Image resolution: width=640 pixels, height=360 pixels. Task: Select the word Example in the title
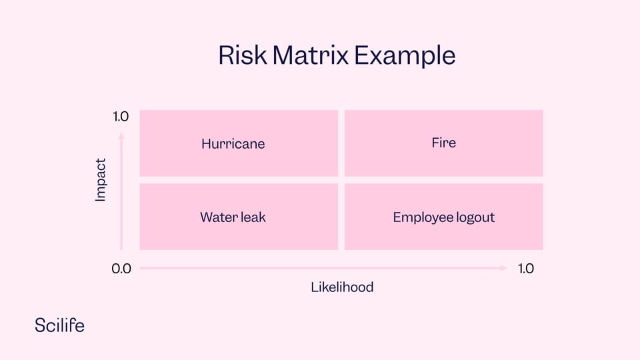[405, 56]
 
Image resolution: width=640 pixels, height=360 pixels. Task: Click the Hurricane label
[233, 144]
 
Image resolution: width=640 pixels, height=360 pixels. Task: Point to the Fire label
[444, 143]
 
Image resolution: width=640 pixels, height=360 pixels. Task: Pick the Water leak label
[233, 217]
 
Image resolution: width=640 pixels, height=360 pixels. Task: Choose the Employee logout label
[444, 217]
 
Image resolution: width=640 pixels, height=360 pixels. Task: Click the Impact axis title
[101, 180]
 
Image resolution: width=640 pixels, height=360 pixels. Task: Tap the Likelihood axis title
[342, 287]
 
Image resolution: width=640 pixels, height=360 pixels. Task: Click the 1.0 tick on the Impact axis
[121, 117]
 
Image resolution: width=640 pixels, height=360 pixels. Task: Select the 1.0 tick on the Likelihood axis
[526, 268]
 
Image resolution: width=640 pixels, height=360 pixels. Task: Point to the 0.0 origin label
[121, 269]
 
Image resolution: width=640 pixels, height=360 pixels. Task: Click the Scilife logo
[59, 325]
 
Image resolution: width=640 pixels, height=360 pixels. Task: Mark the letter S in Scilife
[40, 326]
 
